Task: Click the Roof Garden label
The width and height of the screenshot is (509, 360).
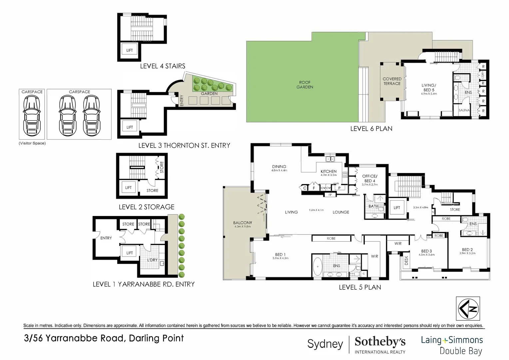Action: coord(304,85)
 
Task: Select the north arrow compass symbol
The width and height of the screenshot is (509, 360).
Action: coord(468,309)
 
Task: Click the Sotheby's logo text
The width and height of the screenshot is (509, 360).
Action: coord(380,342)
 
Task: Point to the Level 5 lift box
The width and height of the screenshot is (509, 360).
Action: coord(397,208)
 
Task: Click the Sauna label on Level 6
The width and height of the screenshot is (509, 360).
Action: coord(464,110)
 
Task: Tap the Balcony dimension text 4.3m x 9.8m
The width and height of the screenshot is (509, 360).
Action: coord(243,227)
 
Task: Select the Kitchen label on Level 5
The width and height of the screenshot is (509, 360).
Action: coord(328,171)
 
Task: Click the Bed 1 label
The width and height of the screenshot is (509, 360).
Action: coord(280,255)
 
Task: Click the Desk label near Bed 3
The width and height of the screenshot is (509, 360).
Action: coord(406,260)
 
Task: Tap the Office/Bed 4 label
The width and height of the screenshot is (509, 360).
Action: coord(369,178)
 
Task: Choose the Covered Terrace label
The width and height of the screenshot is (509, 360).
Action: coord(392,81)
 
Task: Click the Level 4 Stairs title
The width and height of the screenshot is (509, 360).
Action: coord(163,66)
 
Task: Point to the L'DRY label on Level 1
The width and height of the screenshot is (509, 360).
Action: coord(152,260)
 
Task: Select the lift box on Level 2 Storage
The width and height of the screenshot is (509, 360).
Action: coord(128,188)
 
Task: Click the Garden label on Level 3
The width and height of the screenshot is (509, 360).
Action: coord(209,94)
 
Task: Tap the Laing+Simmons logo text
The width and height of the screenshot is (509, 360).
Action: coord(452,340)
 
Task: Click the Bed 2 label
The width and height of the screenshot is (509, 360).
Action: coord(467,250)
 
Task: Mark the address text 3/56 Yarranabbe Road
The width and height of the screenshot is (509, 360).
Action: coord(104,338)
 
